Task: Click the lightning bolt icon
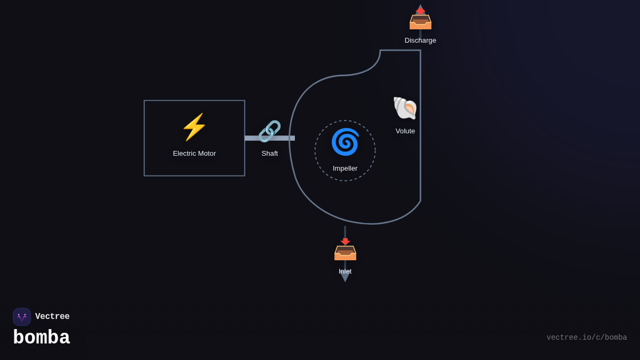pyautogui.click(x=194, y=127)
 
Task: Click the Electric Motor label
pyautogui.click(x=194, y=154)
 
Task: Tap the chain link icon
pyautogui.click(x=269, y=131)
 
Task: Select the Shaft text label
pyautogui.click(x=269, y=154)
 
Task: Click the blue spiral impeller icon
pyautogui.click(x=345, y=142)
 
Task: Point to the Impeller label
pyautogui.click(x=345, y=169)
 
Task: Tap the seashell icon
pyautogui.click(x=405, y=108)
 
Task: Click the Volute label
pyautogui.click(x=405, y=131)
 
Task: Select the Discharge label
pyautogui.click(x=420, y=41)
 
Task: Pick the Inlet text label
pyautogui.click(x=345, y=271)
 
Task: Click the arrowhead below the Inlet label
pyautogui.click(x=345, y=278)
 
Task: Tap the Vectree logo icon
pyautogui.click(x=22, y=317)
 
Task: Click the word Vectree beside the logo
pyautogui.click(x=52, y=317)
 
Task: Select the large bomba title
pyautogui.click(x=42, y=338)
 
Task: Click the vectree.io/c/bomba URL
pyautogui.click(x=587, y=338)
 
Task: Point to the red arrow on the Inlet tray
pyautogui.click(x=345, y=242)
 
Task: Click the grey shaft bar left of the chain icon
pyautogui.click(x=252, y=138)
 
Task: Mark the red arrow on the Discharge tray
pyautogui.click(x=420, y=11)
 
